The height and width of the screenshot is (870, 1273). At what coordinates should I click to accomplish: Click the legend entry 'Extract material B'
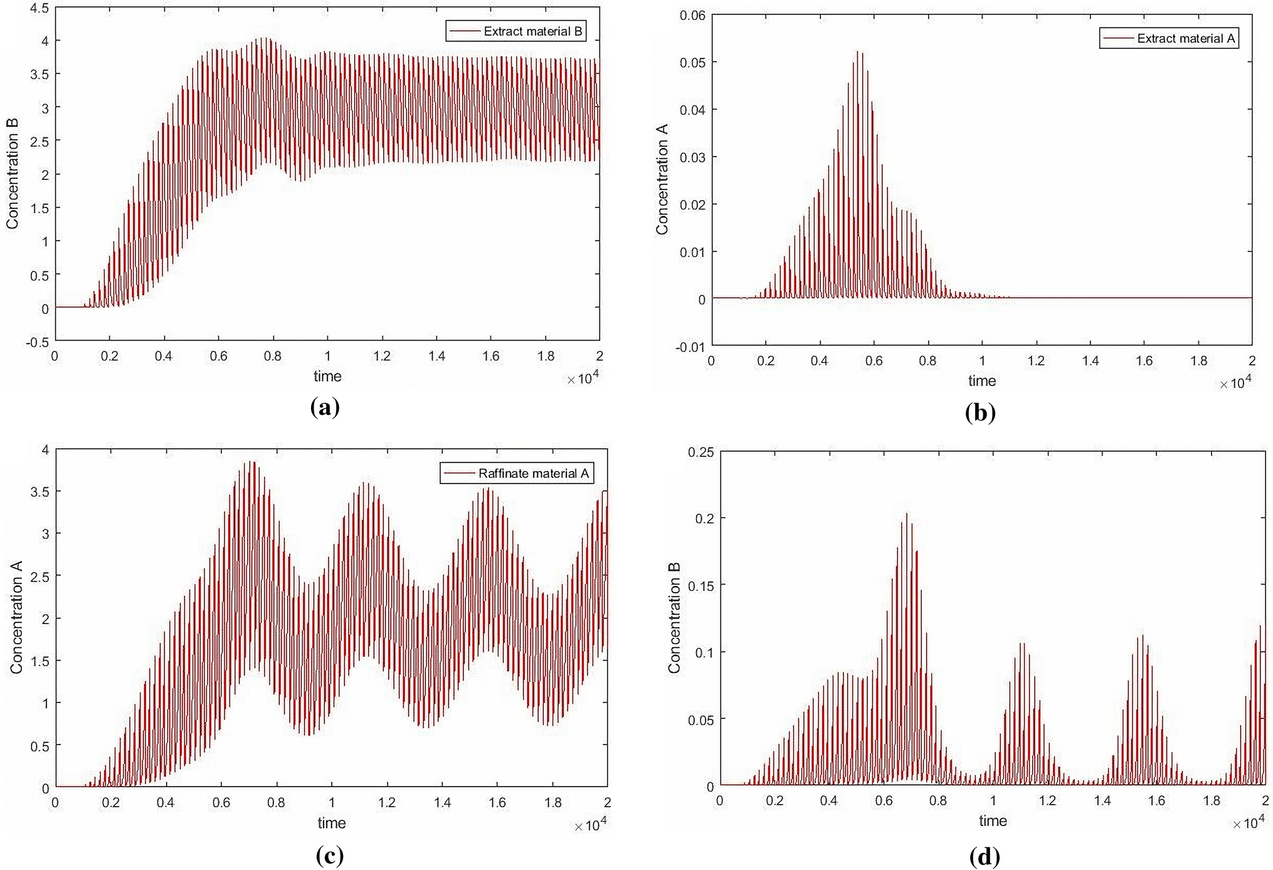click(x=532, y=31)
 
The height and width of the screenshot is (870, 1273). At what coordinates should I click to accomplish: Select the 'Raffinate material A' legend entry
click(x=533, y=473)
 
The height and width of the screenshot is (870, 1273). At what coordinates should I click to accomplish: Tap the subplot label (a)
click(x=325, y=408)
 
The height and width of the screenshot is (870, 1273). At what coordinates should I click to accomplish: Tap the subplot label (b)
click(x=980, y=413)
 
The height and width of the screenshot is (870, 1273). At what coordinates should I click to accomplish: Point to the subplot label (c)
click(x=330, y=855)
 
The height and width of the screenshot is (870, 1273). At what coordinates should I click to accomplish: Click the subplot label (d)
click(x=985, y=856)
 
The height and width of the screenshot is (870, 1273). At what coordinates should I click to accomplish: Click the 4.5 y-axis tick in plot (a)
click(x=40, y=8)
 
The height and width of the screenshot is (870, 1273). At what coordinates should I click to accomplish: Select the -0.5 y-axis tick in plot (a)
click(x=37, y=342)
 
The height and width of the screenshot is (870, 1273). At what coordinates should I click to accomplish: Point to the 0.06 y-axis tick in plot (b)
click(x=692, y=15)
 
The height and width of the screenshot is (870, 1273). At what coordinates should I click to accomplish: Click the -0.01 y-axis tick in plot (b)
click(x=690, y=347)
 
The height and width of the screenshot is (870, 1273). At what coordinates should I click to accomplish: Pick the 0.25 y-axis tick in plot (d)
click(x=700, y=452)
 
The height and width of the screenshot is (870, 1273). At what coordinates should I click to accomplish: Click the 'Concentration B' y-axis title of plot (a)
click(x=13, y=174)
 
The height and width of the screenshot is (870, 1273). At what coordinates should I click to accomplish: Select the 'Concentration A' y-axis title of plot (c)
click(x=16, y=617)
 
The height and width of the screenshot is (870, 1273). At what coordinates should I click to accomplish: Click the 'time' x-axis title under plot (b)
click(x=981, y=381)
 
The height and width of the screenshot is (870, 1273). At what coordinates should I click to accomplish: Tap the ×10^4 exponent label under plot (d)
click(x=1248, y=823)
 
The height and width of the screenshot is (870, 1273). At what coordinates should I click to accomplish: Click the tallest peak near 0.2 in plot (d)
click(x=906, y=514)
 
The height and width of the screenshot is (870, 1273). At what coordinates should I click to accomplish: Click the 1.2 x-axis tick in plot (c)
click(x=387, y=802)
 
